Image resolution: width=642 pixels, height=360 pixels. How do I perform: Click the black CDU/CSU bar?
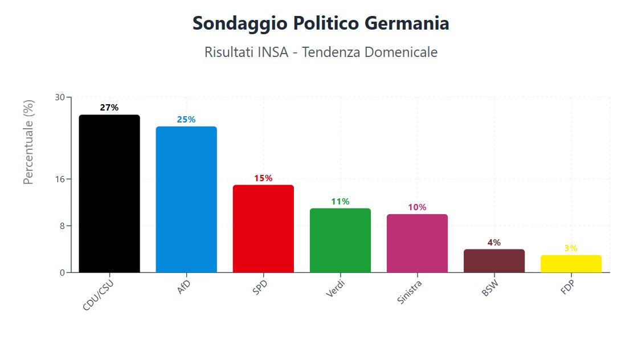coord(109,194)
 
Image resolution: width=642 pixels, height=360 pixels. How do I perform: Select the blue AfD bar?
coord(186,199)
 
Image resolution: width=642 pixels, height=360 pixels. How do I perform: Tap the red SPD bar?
coord(263,228)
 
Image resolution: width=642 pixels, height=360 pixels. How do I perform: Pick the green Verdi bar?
coord(340,240)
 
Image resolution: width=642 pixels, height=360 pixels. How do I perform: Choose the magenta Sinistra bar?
coord(417,243)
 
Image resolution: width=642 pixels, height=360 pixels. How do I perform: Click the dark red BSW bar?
coord(494,261)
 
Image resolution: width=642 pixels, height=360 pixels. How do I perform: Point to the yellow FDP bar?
coord(571,264)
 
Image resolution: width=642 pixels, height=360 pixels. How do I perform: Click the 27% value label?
coord(109,108)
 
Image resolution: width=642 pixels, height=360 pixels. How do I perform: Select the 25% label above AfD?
coord(186,120)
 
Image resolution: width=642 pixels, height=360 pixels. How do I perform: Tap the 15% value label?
coord(263,178)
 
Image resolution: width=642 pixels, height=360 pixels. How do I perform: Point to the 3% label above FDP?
coord(571,248)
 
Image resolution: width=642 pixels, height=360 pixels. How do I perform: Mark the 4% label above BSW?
coord(494,243)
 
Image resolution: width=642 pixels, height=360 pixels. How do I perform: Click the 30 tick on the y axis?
coord(60,97)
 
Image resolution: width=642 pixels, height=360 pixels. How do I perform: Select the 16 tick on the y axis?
coord(60,179)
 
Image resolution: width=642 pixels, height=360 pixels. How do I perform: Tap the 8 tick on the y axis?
coord(62,226)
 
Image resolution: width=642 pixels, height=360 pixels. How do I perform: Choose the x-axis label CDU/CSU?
coord(97,296)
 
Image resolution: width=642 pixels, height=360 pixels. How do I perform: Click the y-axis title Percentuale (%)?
coord(28,142)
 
